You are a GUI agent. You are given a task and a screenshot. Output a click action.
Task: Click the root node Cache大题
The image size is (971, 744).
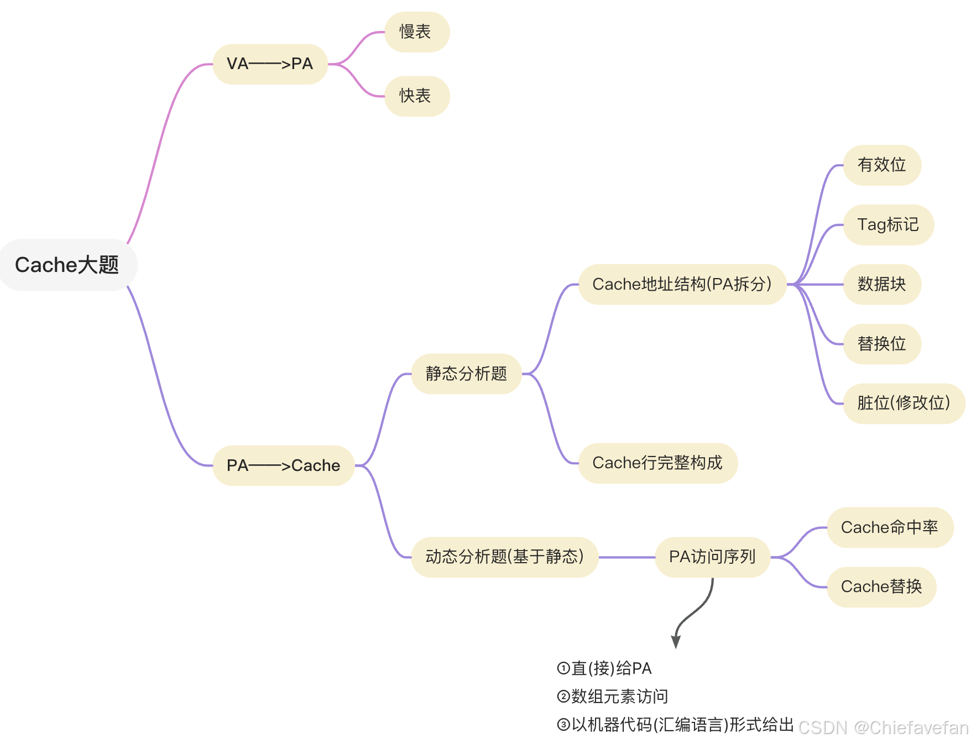click(67, 265)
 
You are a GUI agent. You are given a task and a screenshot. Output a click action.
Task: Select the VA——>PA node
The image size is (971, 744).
click(270, 64)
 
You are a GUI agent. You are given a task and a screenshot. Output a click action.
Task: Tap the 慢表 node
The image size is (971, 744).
click(416, 32)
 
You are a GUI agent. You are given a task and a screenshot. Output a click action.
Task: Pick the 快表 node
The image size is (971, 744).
click(416, 96)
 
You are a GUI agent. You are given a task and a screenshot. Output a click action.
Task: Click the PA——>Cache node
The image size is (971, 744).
click(283, 465)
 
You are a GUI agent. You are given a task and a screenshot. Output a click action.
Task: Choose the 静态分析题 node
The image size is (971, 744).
click(466, 374)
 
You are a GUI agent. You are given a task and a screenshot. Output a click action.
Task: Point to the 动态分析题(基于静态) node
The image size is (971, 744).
click(504, 557)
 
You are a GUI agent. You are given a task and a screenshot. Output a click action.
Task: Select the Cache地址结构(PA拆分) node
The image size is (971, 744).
click(682, 284)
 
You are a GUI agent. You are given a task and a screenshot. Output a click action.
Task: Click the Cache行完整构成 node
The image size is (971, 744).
click(657, 463)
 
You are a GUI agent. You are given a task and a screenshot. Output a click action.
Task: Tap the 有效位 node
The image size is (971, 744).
click(881, 165)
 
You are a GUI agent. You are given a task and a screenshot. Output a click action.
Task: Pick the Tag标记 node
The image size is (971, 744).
click(888, 224)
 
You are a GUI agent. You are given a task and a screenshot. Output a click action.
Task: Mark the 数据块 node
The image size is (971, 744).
click(881, 284)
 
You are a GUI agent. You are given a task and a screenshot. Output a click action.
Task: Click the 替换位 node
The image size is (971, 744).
click(881, 344)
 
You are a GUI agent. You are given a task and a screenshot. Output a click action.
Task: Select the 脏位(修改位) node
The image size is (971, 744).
click(904, 403)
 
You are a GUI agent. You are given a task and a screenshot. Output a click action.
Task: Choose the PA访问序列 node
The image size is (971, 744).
click(712, 557)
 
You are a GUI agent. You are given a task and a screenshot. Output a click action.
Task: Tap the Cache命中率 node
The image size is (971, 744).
click(889, 527)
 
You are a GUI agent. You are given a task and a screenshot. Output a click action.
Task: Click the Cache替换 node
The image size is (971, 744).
click(881, 586)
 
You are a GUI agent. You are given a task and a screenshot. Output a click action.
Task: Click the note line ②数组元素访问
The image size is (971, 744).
click(613, 696)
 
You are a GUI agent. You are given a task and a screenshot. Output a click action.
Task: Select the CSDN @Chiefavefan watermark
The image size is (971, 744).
click(883, 727)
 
